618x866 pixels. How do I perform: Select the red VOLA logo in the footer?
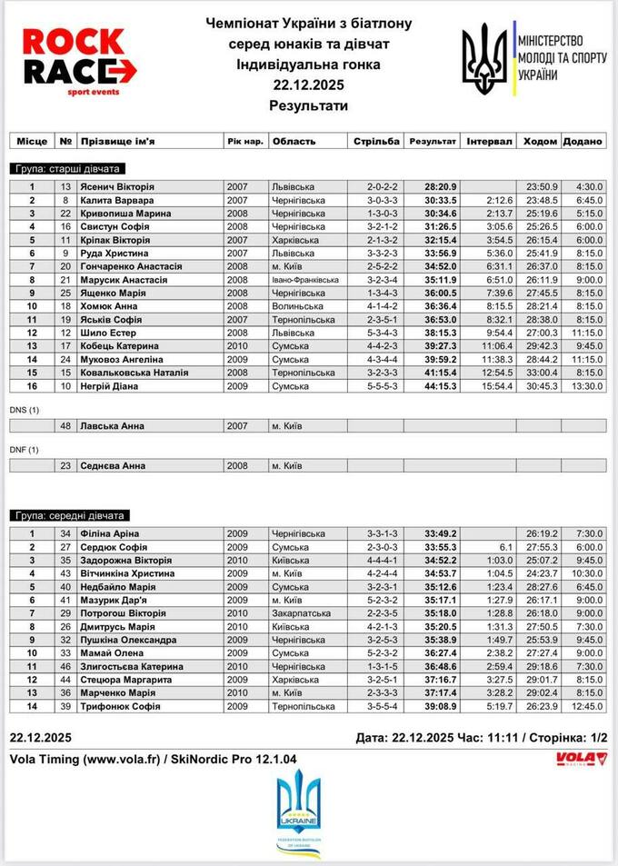pos(581,757)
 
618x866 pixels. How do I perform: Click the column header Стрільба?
pos(375,141)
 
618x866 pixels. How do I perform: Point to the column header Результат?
pos(433,141)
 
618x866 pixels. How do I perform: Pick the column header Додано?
pos(583,141)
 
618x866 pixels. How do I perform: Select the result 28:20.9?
pos(441,186)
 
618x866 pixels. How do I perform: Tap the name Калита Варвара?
pos(116,200)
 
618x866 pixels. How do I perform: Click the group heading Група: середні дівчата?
pos(70,515)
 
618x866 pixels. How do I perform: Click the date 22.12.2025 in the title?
pos(308,85)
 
